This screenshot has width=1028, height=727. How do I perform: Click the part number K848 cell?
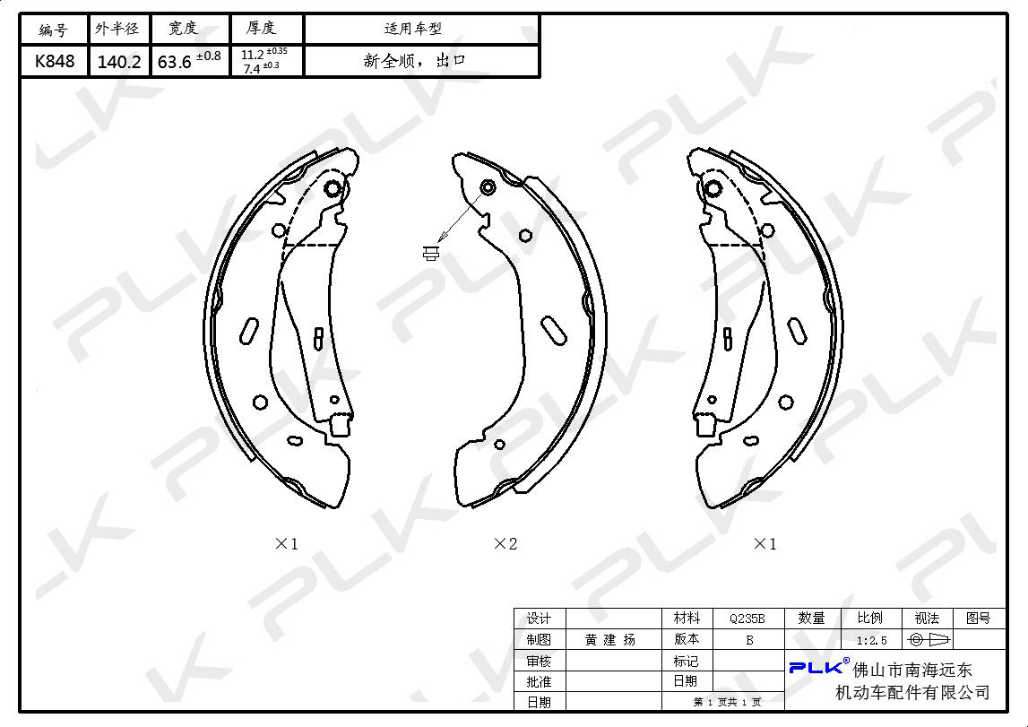55,62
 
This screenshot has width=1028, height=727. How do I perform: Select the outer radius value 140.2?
118,62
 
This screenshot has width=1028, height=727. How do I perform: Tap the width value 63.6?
175,62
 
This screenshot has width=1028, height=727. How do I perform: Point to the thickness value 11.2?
253,55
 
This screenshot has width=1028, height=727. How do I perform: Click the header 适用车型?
413,28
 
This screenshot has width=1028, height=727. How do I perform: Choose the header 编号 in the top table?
53,30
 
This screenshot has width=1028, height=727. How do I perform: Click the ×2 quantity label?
505,543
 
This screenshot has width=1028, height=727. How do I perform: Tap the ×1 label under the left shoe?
287,543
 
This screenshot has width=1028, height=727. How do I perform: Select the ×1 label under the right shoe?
765,543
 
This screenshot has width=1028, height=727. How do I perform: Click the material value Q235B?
747,619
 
